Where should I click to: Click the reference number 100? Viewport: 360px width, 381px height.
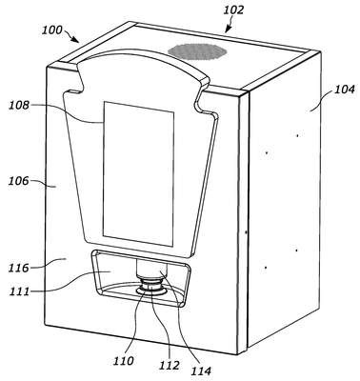tap(52, 30)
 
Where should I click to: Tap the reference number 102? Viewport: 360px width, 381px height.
tap(233, 10)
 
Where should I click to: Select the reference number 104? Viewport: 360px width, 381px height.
tap(345, 90)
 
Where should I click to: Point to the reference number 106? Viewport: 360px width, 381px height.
tap(19, 181)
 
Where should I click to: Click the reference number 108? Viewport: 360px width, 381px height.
tap(19, 105)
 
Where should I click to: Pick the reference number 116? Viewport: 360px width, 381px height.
tap(19, 268)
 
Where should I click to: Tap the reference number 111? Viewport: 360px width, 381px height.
tap(19, 291)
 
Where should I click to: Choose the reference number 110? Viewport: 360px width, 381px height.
tap(124, 360)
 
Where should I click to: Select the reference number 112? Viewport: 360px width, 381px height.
tap(170, 365)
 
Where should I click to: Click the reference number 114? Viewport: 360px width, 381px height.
tap(201, 371)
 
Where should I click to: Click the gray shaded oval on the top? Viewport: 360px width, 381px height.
tap(197, 51)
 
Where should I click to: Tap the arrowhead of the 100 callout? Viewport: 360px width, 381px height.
tap(75, 39)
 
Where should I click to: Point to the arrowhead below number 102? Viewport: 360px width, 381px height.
tap(228, 30)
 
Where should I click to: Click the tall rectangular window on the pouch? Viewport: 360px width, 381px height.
tap(139, 174)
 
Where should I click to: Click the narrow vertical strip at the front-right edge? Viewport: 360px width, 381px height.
tap(244, 221)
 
